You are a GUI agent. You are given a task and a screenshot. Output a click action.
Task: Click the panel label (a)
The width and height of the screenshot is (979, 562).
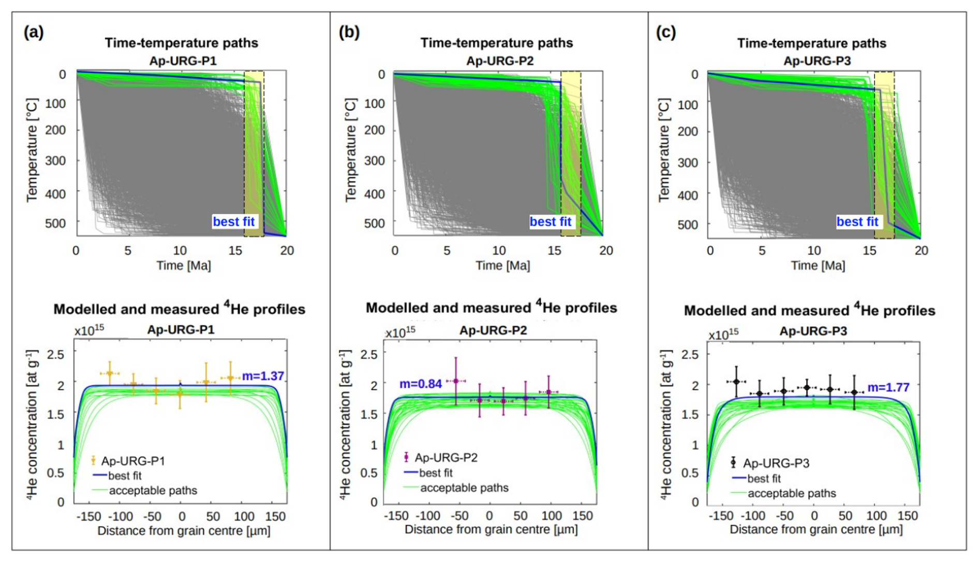point(34,33)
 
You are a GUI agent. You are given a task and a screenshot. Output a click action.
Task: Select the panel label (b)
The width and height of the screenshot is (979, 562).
point(349,33)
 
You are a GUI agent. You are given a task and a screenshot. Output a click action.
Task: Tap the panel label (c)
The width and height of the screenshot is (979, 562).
point(666,33)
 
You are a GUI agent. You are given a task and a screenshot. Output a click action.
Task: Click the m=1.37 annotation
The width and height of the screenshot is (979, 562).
point(263,376)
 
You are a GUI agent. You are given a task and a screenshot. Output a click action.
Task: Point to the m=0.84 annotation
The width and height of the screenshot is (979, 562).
point(420,384)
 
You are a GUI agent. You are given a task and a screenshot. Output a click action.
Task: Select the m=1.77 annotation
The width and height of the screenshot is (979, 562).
point(888,387)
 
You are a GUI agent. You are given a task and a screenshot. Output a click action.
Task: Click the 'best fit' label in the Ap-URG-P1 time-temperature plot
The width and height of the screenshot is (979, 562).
point(234,222)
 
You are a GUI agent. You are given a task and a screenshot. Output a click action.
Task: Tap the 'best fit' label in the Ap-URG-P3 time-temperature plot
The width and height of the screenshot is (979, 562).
point(857,222)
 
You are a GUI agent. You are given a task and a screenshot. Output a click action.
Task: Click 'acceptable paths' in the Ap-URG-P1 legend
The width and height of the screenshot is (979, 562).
point(153,491)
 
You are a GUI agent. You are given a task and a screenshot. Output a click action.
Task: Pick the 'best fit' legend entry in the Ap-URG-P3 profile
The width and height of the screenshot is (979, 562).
point(764,479)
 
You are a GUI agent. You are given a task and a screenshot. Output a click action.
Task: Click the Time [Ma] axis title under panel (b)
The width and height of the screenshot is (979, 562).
point(502,266)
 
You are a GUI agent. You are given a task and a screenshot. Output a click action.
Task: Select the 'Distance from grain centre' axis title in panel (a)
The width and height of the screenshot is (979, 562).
point(184,531)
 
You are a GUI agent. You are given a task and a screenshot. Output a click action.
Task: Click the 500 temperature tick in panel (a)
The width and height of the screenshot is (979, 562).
point(55,224)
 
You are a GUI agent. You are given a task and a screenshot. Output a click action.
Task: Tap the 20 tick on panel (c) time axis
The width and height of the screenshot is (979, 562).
point(921,251)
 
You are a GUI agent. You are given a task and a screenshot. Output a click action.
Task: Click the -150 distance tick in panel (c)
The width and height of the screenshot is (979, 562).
point(720,516)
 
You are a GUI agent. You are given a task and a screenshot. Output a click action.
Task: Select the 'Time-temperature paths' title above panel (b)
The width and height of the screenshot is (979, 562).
point(496,43)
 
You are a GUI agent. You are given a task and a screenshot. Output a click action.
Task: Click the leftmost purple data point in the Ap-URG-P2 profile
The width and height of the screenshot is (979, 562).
point(455,381)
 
